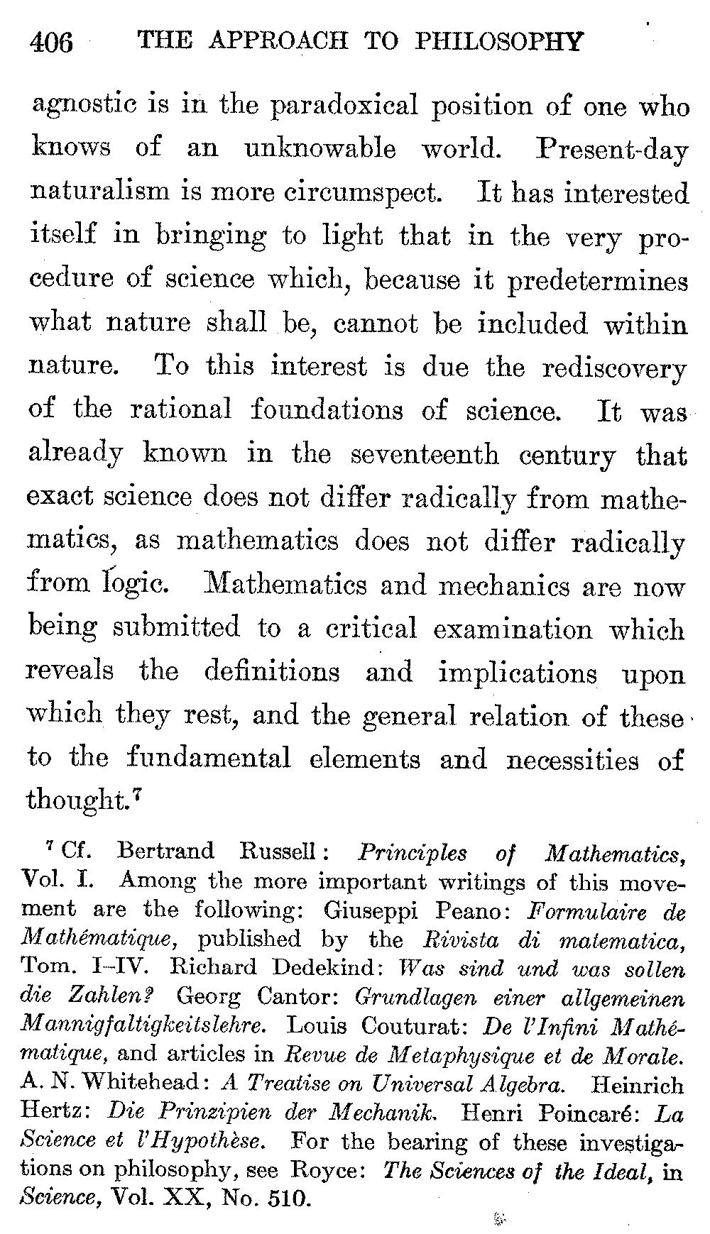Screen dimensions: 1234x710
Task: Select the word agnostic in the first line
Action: tap(82, 106)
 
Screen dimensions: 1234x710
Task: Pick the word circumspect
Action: tap(360, 192)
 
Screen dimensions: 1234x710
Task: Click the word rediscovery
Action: tap(615, 368)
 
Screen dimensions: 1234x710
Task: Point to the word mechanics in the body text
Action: tap(503, 586)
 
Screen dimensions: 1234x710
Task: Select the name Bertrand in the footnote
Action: tap(165, 850)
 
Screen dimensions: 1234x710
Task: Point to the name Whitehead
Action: tap(141, 1084)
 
